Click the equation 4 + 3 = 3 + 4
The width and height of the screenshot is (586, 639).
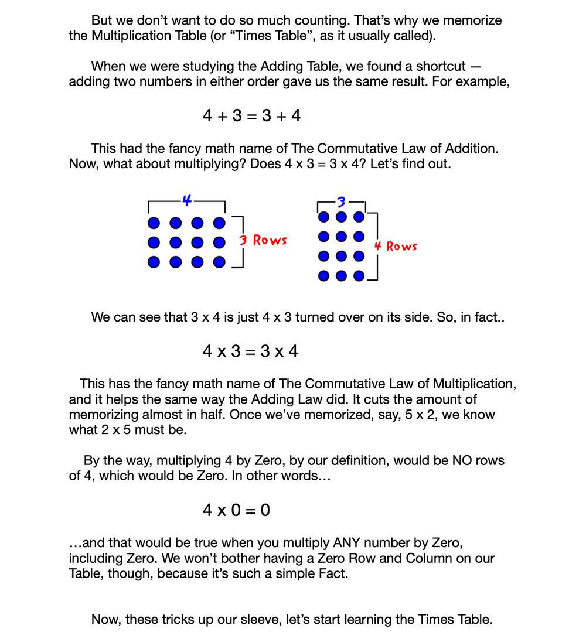tap(251, 116)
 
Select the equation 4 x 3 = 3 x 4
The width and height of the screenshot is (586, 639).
tap(250, 351)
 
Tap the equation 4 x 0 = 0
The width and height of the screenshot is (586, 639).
tap(236, 510)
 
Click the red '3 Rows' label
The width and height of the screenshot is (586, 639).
tap(263, 240)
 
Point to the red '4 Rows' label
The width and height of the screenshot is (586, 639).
tap(396, 247)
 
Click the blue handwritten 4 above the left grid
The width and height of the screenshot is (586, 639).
tap(186, 200)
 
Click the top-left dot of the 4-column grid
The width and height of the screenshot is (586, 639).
tap(154, 223)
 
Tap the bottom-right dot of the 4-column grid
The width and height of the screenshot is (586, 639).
tap(219, 262)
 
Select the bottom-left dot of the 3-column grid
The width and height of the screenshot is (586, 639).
tap(323, 276)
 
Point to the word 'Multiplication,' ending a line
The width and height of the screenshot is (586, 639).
tap(475, 384)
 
